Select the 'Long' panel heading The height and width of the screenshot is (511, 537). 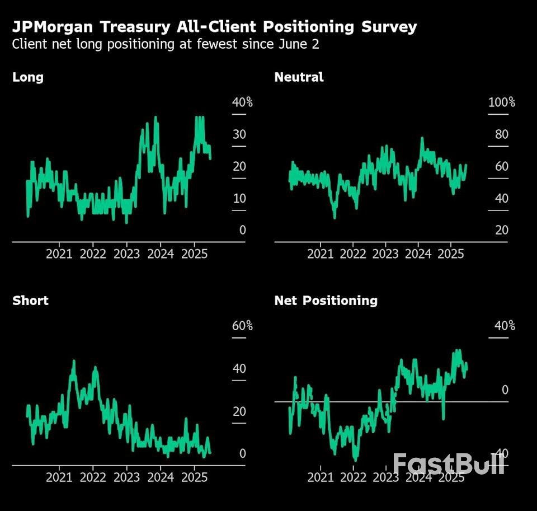[x=28, y=77]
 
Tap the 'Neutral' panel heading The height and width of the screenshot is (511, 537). [x=299, y=77]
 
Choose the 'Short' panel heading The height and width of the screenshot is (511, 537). [x=30, y=301]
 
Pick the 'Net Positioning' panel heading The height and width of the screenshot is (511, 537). [x=326, y=301]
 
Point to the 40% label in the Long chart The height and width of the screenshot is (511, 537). [x=242, y=102]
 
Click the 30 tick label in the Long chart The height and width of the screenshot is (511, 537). [x=239, y=134]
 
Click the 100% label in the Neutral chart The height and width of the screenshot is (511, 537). [x=501, y=102]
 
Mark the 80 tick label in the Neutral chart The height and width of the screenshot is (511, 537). [x=501, y=134]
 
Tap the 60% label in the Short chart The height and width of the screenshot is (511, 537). [x=242, y=326]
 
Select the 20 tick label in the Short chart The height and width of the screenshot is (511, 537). [x=239, y=412]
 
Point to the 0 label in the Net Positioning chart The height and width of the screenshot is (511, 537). [x=505, y=390]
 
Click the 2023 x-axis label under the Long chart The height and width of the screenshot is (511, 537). [x=126, y=254]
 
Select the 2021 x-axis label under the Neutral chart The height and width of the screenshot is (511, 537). [x=321, y=254]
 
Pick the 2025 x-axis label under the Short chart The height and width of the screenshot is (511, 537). [x=194, y=477]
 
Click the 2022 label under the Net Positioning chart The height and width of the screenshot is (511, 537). [x=353, y=477]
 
